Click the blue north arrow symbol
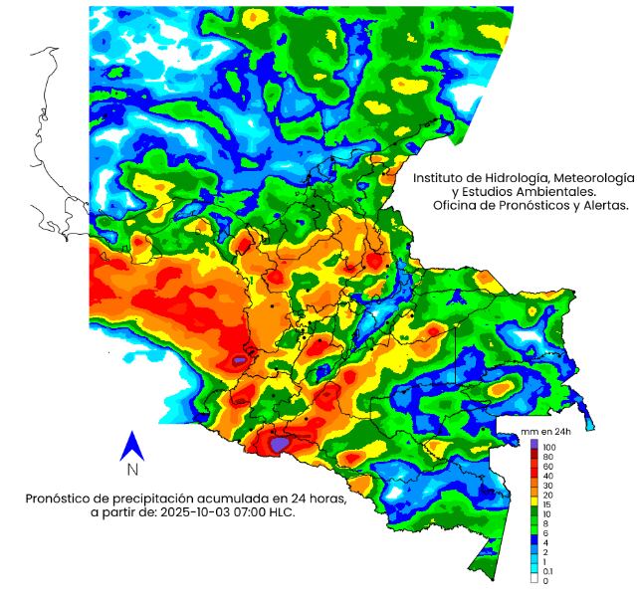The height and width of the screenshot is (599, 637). click(131, 445)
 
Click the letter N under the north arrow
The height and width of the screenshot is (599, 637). click(132, 470)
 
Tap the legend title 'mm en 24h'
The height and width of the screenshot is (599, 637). click(544, 431)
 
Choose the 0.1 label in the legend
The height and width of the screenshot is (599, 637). click(546, 570)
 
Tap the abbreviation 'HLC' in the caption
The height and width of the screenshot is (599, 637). click(284, 512)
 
